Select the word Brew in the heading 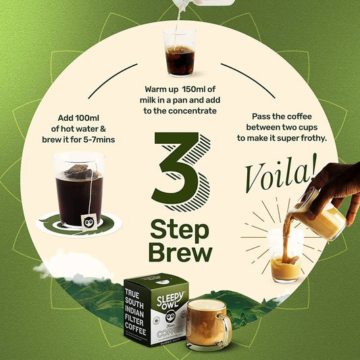pos(180,253)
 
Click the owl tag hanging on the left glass pos(88,219)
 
